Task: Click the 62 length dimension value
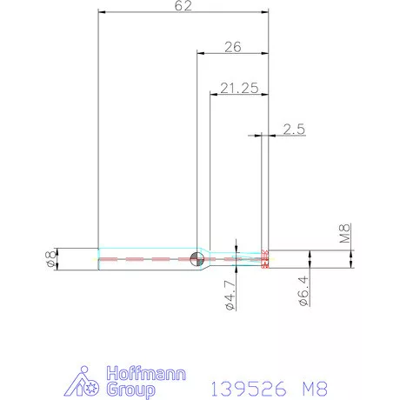183,6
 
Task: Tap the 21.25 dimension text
237,88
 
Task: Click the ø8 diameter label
50,258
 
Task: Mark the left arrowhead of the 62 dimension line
103,14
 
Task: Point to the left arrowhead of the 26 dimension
201,55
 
